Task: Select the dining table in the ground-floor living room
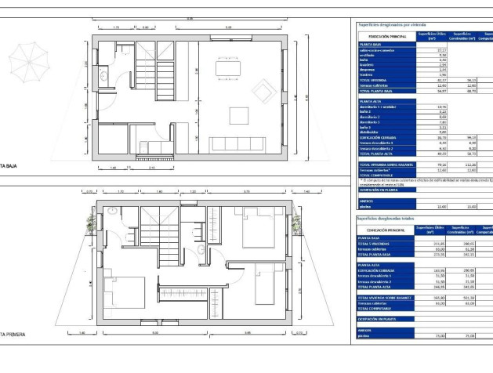[228, 70]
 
